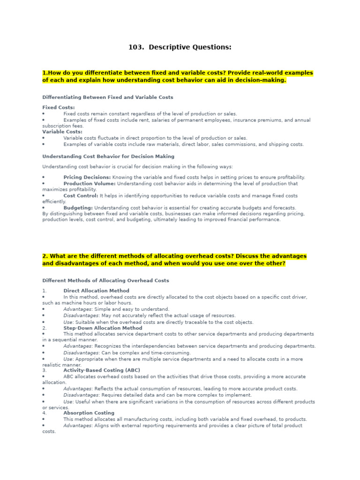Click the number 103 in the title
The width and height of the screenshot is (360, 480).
click(x=135, y=47)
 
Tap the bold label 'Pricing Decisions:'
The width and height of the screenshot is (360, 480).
click(x=87, y=177)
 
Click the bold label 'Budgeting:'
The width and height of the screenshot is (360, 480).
click(x=78, y=208)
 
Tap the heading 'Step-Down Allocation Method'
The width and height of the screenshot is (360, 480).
click(x=103, y=328)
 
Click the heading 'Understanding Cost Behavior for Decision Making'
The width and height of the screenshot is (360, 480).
click(x=108, y=157)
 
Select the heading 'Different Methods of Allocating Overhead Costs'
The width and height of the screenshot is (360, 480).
click(x=105, y=280)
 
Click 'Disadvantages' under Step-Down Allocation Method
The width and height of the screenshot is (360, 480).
click(x=81, y=352)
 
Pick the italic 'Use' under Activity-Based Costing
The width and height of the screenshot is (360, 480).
click(x=68, y=402)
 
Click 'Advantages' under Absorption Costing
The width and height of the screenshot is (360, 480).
click(x=77, y=425)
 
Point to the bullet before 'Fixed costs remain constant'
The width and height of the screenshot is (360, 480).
click(x=44, y=113)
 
